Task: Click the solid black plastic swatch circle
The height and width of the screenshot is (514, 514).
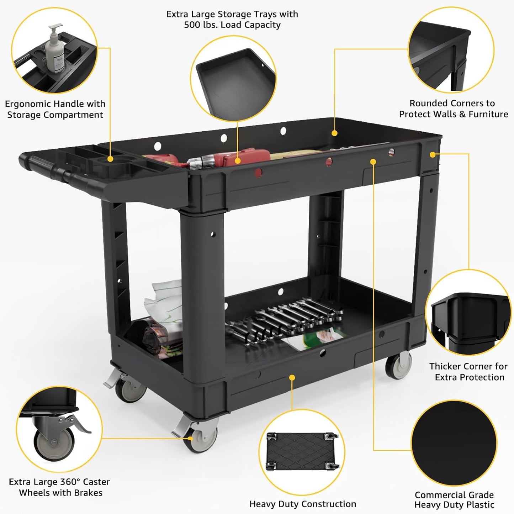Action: tap(454, 443)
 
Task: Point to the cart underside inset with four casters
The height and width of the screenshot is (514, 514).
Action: tap(302, 451)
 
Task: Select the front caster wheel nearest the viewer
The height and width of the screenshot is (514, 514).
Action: tap(201, 438)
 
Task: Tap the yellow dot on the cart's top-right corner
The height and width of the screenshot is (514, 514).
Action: tap(433, 154)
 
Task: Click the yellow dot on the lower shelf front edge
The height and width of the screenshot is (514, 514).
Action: tap(292, 377)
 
